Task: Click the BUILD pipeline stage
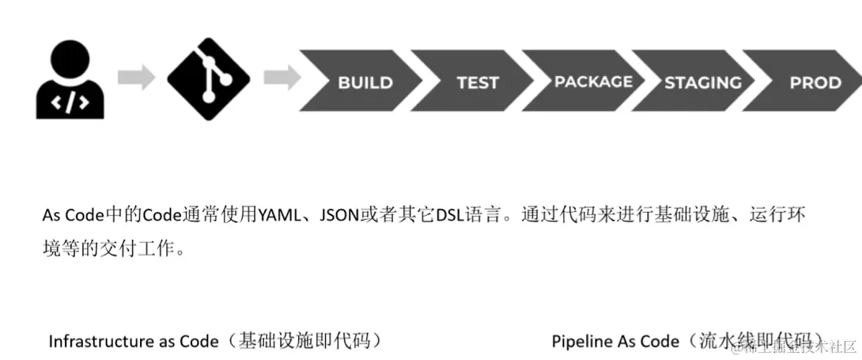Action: [x=365, y=81]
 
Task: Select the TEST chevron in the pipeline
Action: [x=477, y=81]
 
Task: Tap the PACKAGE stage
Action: [x=592, y=81]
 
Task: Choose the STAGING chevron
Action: [x=702, y=81]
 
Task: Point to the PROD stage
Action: [x=815, y=81]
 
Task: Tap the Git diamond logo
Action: [x=208, y=78]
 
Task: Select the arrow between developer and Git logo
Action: [x=137, y=78]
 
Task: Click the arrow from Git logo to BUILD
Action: [x=281, y=78]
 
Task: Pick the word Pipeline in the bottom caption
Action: [x=580, y=342]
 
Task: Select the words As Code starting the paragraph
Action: [x=70, y=216]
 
